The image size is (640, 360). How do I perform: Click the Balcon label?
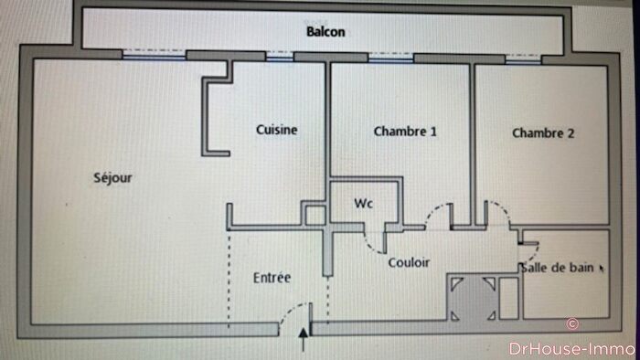pyautogui.click(x=325, y=31)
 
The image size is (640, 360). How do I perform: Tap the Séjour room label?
pyautogui.click(x=112, y=178)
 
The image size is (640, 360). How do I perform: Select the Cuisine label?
pyautogui.click(x=276, y=130)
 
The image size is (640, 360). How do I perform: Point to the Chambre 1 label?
pyautogui.click(x=405, y=132)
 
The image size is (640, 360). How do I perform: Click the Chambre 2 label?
pyautogui.click(x=543, y=132)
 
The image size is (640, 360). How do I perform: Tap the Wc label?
pyautogui.click(x=363, y=203)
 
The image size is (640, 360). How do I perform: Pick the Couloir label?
pyautogui.click(x=409, y=262)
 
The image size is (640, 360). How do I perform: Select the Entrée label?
pyautogui.click(x=272, y=277)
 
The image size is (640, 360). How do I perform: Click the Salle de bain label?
pyautogui.click(x=556, y=268)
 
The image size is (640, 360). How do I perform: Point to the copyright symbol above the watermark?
pyautogui.click(x=572, y=323)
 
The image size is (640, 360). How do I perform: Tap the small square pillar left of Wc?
pyautogui.click(x=314, y=217)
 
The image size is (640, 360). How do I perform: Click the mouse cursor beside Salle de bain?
pyautogui.click(x=601, y=269)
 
